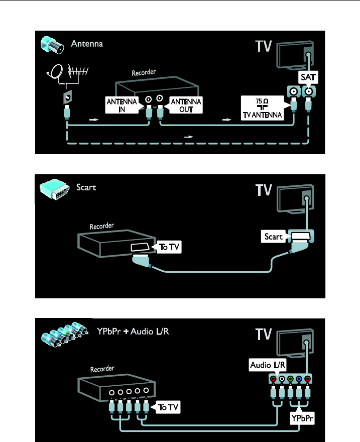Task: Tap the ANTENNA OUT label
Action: point(186,105)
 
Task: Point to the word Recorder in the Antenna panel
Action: point(144,72)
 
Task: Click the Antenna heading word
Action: point(86,44)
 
